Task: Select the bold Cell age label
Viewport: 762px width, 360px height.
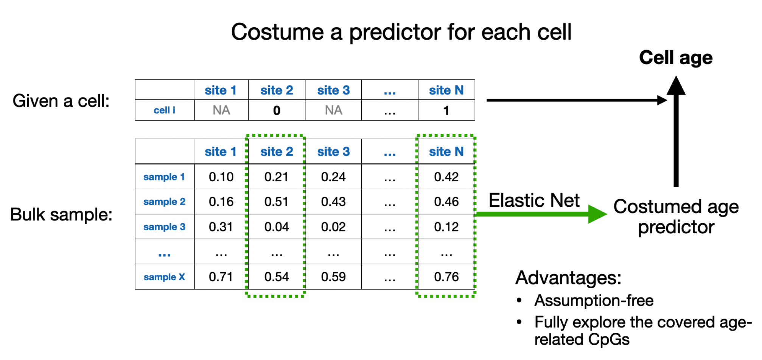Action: tap(676, 58)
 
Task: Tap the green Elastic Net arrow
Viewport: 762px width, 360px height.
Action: tap(541, 214)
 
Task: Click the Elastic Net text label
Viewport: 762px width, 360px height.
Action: tap(534, 200)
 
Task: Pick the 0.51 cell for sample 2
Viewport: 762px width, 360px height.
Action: tap(276, 202)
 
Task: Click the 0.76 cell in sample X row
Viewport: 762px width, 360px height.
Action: tap(446, 277)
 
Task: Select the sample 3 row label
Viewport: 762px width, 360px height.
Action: tap(164, 227)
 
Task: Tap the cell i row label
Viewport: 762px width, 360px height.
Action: tap(164, 110)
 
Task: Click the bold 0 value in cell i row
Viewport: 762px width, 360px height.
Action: tap(277, 110)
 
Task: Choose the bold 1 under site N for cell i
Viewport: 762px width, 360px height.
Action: tap(446, 110)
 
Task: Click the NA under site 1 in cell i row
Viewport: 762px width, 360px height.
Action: tap(221, 110)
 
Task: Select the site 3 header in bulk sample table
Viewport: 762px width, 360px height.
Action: tap(333, 152)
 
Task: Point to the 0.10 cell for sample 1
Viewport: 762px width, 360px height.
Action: tap(221, 177)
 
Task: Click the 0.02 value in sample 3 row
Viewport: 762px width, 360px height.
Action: tap(333, 227)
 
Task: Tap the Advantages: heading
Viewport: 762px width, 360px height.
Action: tap(568, 278)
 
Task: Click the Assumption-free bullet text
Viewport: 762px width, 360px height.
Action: tap(594, 301)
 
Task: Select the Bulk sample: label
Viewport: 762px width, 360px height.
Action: tap(61, 214)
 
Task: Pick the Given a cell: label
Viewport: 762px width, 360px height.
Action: tap(61, 101)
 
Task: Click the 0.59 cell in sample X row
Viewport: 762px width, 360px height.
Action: tap(333, 277)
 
